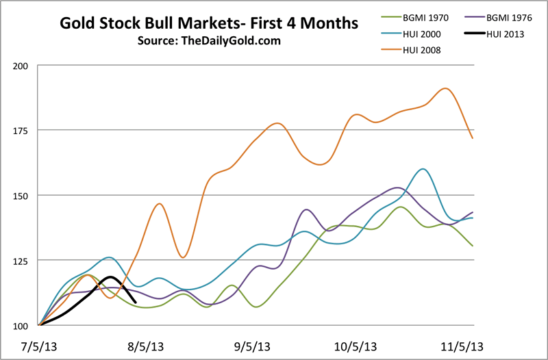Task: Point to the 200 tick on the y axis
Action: click(23, 66)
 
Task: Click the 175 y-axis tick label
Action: click(23, 131)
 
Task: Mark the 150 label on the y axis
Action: click(23, 196)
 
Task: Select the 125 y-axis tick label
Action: click(23, 261)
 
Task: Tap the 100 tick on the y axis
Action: click(23, 326)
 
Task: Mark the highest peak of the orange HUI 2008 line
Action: click(446, 88)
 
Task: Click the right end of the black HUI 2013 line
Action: click(136, 302)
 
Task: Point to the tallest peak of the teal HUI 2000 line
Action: click(424, 169)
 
